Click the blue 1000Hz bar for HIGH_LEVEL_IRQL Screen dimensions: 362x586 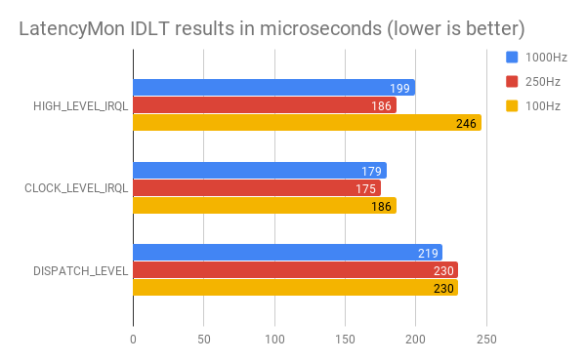click(x=273, y=88)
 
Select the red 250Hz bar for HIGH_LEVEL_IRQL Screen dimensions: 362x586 click(x=265, y=105)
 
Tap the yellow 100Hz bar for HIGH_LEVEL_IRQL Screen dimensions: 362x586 click(x=307, y=123)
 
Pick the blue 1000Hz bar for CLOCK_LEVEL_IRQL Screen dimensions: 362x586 click(x=260, y=171)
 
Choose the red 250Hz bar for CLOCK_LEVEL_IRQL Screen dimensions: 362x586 click(x=257, y=188)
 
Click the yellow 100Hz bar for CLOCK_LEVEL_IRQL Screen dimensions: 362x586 click(x=265, y=205)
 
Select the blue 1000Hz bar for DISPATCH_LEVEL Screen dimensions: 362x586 click(x=287, y=253)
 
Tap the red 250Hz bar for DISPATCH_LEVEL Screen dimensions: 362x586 click(x=295, y=270)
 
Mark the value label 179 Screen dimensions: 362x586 click(x=373, y=172)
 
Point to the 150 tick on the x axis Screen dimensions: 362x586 click(x=345, y=339)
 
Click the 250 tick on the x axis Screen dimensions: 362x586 click(x=486, y=339)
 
